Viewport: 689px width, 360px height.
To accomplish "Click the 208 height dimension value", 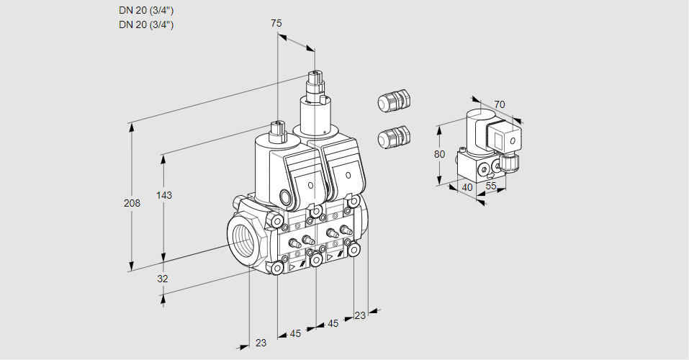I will (132, 203).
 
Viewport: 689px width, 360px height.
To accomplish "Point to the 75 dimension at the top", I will (276, 23).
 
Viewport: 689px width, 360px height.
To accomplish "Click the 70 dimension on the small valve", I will (500, 104).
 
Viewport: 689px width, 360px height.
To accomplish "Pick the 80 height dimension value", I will (440, 154).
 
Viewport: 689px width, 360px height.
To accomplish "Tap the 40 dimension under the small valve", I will (467, 187).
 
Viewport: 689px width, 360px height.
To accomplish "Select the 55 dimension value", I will (492, 185).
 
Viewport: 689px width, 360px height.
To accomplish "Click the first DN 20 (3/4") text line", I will (146, 10).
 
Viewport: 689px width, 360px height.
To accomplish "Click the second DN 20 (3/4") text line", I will (146, 24).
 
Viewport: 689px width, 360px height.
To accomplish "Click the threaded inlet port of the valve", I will (242, 237).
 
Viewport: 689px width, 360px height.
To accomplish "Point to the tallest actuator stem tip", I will (315, 74).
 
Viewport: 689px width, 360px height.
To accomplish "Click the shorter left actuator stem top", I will (277, 125).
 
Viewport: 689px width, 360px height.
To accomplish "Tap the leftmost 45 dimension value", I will (295, 333).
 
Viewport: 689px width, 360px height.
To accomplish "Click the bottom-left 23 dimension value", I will (261, 343).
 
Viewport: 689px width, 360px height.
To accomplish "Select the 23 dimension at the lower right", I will (360, 315).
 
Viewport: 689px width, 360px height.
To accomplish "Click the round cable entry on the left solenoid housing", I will (286, 197).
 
